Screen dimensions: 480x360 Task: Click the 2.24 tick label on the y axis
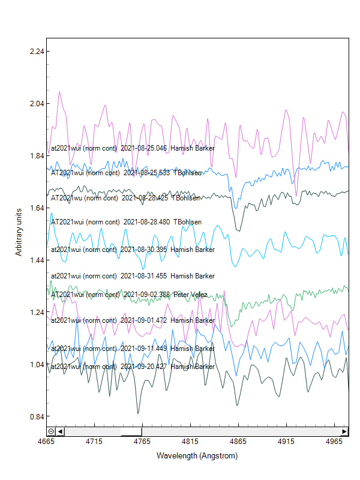pos(37,51)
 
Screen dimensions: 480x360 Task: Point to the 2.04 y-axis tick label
pos(37,103)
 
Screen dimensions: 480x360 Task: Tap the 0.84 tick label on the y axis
pos(37,416)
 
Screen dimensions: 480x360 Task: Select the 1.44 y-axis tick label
pos(37,260)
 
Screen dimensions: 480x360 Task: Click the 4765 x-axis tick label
pos(142,441)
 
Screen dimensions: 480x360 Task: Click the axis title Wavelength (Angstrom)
pos(197,456)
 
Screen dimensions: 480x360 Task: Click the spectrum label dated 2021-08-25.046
pos(133,148)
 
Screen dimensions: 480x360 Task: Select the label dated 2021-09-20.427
pos(133,367)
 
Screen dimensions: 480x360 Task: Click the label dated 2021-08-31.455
pos(133,276)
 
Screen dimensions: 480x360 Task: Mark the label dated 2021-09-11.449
pos(133,349)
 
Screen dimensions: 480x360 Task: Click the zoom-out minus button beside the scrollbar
pos(51,431)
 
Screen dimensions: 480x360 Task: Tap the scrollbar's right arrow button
pos(344,431)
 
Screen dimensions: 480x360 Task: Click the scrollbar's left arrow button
pos(61,431)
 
